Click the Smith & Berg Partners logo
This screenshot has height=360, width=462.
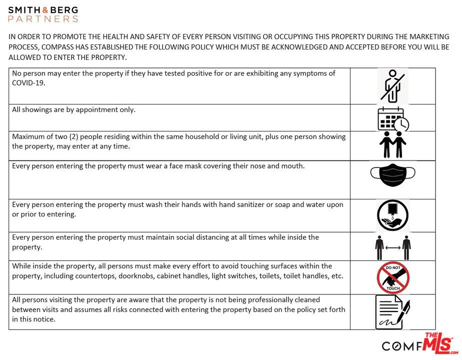click(x=43, y=14)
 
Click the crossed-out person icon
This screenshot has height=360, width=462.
click(x=392, y=86)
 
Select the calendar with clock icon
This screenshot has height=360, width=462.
click(x=392, y=119)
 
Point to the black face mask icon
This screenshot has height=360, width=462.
click(x=392, y=174)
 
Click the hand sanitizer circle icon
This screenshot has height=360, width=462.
click(x=392, y=215)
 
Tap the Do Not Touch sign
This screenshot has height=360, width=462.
click(x=392, y=277)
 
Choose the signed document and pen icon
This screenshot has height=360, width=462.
click(x=392, y=312)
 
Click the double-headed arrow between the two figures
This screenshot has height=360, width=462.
click(x=393, y=247)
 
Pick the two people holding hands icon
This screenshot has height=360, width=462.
click(x=392, y=144)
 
